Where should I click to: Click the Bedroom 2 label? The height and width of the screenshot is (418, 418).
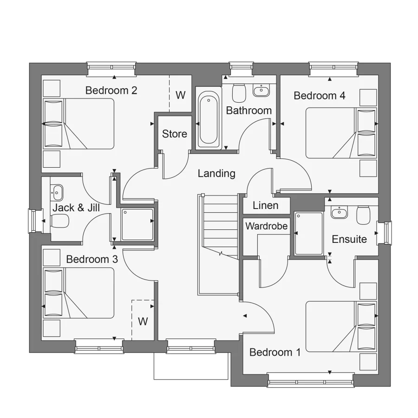click(x=111, y=90)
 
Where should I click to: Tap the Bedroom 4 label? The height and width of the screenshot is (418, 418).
click(x=320, y=96)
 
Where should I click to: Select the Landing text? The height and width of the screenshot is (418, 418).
click(x=216, y=174)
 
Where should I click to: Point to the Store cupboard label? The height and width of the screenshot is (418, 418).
click(x=175, y=134)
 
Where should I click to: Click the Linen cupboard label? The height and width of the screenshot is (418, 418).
click(x=266, y=205)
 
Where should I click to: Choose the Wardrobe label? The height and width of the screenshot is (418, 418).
click(x=267, y=227)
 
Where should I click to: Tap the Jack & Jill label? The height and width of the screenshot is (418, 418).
click(x=76, y=208)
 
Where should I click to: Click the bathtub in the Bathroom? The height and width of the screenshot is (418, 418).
click(x=208, y=118)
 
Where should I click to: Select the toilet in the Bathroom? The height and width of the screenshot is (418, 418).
click(x=239, y=93)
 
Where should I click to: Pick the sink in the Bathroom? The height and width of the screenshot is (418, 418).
click(x=261, y=90)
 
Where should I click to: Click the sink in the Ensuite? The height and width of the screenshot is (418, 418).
click(x=339, y=212)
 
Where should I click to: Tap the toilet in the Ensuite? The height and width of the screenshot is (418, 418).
click(x=363, y=215)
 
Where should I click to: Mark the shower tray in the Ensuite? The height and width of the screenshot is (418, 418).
click(x=308, y=233)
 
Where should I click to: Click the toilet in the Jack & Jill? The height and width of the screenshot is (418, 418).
click(x=61, y=221)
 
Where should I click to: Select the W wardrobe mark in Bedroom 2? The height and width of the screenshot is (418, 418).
click(x=180, y=95)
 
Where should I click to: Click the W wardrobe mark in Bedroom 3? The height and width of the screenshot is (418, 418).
click(x=143, y=321)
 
